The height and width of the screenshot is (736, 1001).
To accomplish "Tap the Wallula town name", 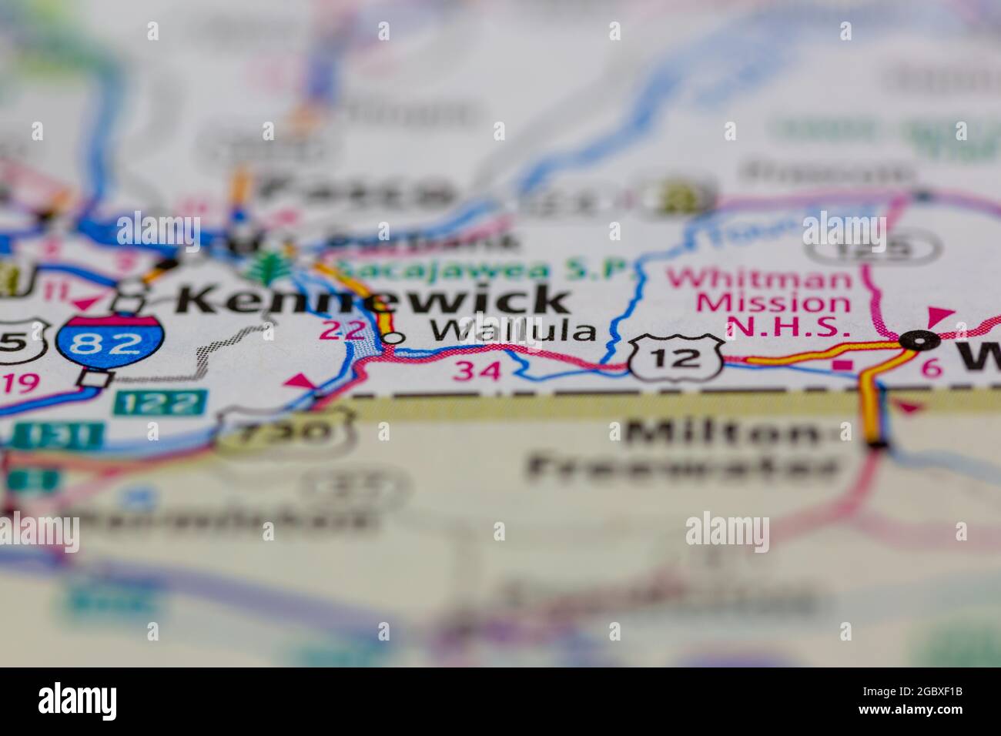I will tap(513, 331).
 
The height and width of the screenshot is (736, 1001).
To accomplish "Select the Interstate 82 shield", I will tap(110, 344).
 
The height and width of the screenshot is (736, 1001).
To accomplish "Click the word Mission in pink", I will tap(772, 303).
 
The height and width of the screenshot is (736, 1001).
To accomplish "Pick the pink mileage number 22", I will tap(340, 331).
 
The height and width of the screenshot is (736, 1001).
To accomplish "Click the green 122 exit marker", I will tap(160, 402).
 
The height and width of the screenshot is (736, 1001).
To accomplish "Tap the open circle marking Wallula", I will tap(393, 337).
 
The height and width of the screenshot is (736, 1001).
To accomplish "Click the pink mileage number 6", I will tap(932, 368).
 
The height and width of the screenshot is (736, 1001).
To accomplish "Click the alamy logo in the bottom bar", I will tap(78, 701).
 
